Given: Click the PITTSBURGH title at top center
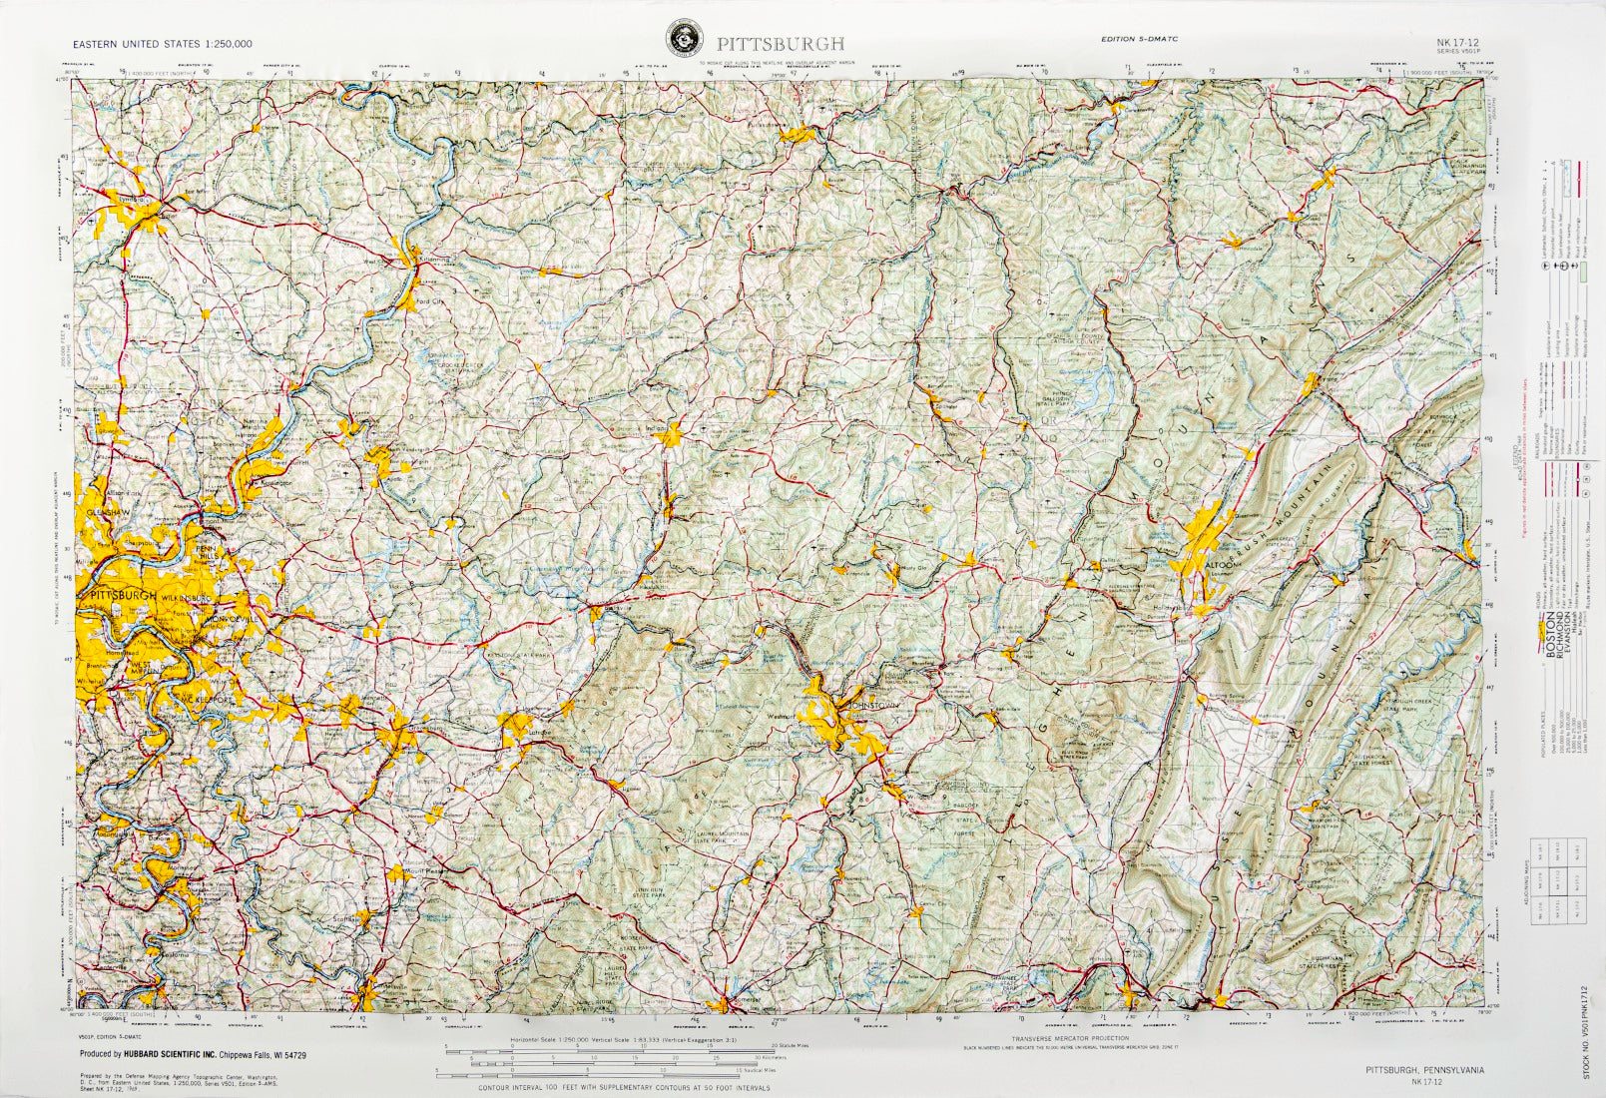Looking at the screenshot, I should (780, 43).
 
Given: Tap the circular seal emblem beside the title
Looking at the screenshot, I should (684, 41).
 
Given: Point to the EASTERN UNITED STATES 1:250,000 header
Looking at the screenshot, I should (162, 44).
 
